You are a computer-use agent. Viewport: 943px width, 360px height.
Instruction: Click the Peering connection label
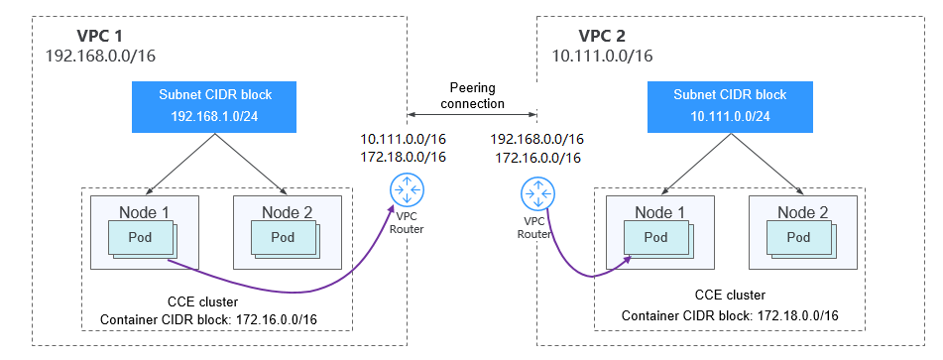[x=472, y=96]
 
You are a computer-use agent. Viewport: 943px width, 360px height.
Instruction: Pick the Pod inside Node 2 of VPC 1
[x=284, y=238]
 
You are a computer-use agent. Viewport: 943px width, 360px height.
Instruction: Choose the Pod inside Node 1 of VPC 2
[x=655, y=238]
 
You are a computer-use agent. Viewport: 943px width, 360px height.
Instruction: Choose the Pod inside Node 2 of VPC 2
[x=798, y=238]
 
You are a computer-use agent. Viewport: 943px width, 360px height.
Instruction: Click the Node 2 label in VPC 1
[x=288, y=211]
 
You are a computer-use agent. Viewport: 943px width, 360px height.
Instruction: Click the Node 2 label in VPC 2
[x=802, y=211]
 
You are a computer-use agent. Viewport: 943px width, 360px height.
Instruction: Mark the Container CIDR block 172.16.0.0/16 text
[x=214, y=318]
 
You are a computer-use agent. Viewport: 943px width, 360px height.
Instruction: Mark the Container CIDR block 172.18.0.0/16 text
[x=730, y=315]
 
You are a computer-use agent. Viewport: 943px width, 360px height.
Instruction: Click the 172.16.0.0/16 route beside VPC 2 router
[x=537, y=157]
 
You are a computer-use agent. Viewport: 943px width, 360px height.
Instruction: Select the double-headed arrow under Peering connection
[x=472, y=114]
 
